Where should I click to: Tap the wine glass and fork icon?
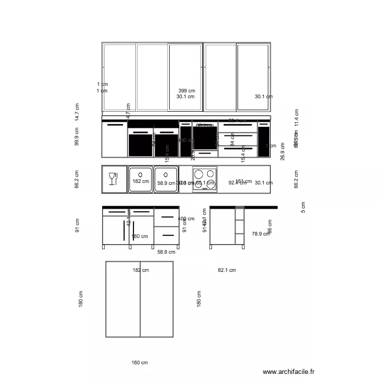tap(113, 179)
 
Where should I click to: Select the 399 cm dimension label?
tap(186, 90)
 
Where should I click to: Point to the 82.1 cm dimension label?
tap(227, 270)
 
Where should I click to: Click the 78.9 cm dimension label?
tap(261, 234)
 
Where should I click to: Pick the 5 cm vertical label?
tap(303, 207)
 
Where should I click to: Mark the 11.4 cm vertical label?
tap(296, 118)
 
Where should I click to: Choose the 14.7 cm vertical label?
tap(77, 113)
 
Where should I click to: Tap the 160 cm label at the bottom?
tap(139, 363)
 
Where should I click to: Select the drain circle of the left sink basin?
tap(140, 174)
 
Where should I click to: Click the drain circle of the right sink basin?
tap(166, 174)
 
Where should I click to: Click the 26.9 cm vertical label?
tap(283, 152)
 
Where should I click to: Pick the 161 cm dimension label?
tap(244, 180)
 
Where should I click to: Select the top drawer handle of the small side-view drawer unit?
tap(167, 217)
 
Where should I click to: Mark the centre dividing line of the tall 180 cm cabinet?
tap(140, 299)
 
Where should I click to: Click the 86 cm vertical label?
tap(270, 226)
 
